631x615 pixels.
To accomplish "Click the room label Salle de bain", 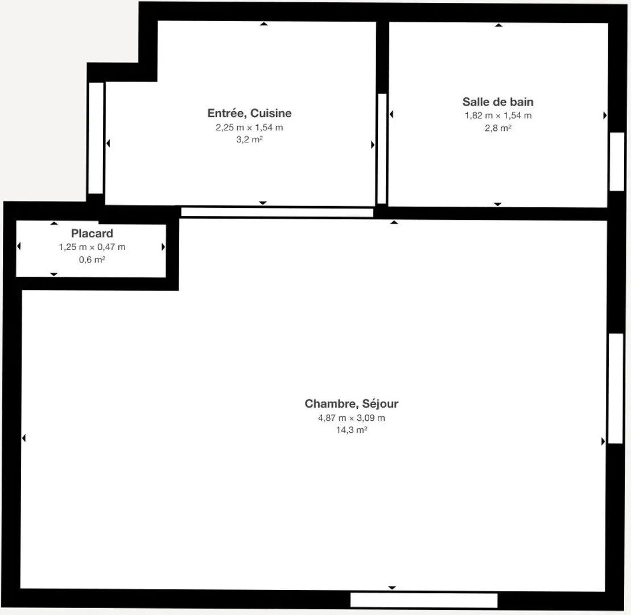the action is (498, 102).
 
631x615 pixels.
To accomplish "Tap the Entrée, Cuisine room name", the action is (250, 113).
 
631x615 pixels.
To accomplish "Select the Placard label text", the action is (92, 233).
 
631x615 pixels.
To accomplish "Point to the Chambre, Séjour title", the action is (351, 404).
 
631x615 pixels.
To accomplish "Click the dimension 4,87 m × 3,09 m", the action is (351, 417).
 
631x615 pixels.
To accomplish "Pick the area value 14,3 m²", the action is (351, 430).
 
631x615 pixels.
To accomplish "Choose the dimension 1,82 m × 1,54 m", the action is (498, 116).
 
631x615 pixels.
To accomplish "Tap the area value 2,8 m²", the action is (498, 128).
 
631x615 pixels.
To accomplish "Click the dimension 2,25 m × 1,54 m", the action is (249, 127).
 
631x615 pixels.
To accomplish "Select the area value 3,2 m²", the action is (249, 140).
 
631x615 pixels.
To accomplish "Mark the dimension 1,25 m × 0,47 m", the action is (92, 247).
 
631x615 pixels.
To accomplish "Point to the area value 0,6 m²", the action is (92, 259).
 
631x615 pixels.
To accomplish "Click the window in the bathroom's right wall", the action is (617, 162).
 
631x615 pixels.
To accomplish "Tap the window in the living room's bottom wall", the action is (424, 600).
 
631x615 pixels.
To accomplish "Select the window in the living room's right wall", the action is (616, 388).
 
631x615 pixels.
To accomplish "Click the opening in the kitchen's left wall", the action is (96, 138).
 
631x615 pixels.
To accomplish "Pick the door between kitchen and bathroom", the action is (382, 149).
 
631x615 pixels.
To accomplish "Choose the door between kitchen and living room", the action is (277, 212).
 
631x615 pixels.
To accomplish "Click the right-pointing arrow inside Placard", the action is (163, 247).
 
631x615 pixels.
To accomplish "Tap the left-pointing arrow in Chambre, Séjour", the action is (24, 438).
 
